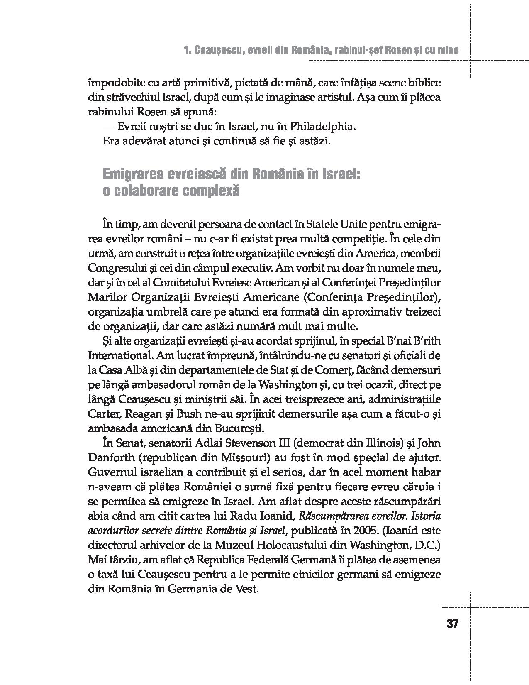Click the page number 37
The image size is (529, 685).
point(453,624)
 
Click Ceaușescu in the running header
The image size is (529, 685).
point(217,51)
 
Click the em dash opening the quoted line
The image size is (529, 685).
point(108,126)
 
